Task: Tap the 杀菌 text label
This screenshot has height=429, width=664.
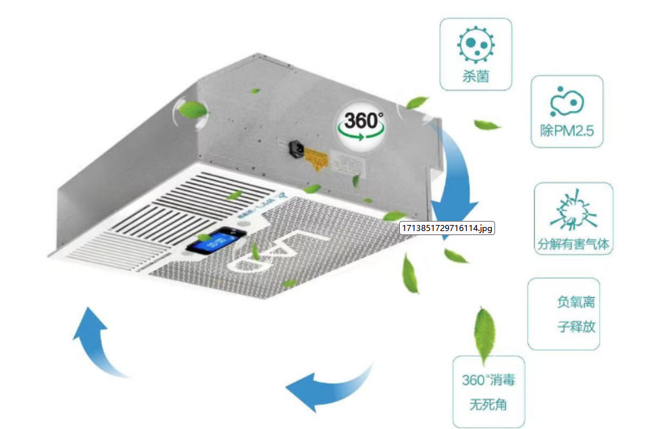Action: (x=476, y=76)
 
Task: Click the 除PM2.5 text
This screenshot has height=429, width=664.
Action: (x=567, y=132)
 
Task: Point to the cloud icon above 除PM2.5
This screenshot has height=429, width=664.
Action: (x=567, y=103)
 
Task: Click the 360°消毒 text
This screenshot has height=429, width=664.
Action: (x=488, y=380)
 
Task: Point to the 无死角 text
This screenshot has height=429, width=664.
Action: (x=488, y=405)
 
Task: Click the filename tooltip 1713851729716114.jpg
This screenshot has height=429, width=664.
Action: (x=447, y=228)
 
